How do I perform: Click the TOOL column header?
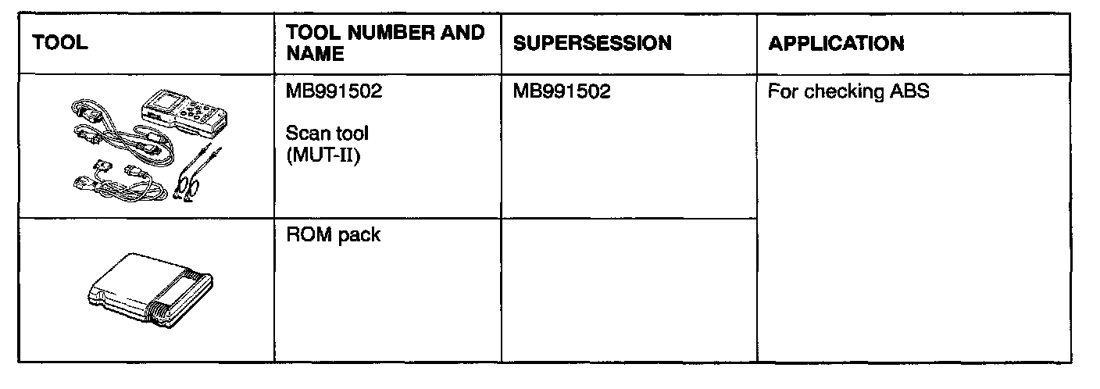tap(59, 44)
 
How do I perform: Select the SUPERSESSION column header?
tap(591, 44)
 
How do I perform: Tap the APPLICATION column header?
tap(835, 44)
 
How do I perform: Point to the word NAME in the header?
tap(316, 54)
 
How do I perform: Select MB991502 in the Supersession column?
tap(562, 92)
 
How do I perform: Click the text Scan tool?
tap(327, 134)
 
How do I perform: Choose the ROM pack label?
tap(334, 235)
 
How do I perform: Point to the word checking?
tap(845, 92)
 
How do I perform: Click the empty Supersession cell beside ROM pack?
tap(628, 289)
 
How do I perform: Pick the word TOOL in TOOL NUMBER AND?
tap(316, 33)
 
